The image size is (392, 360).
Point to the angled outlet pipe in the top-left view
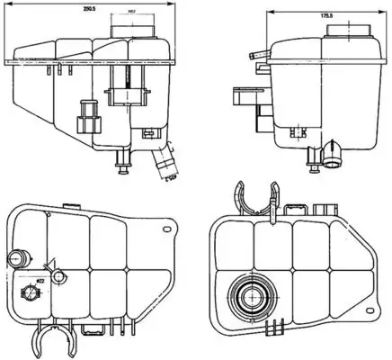point(164,164)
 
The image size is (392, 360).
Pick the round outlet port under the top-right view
point(334,159)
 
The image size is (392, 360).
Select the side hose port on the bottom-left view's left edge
point(14,259)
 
